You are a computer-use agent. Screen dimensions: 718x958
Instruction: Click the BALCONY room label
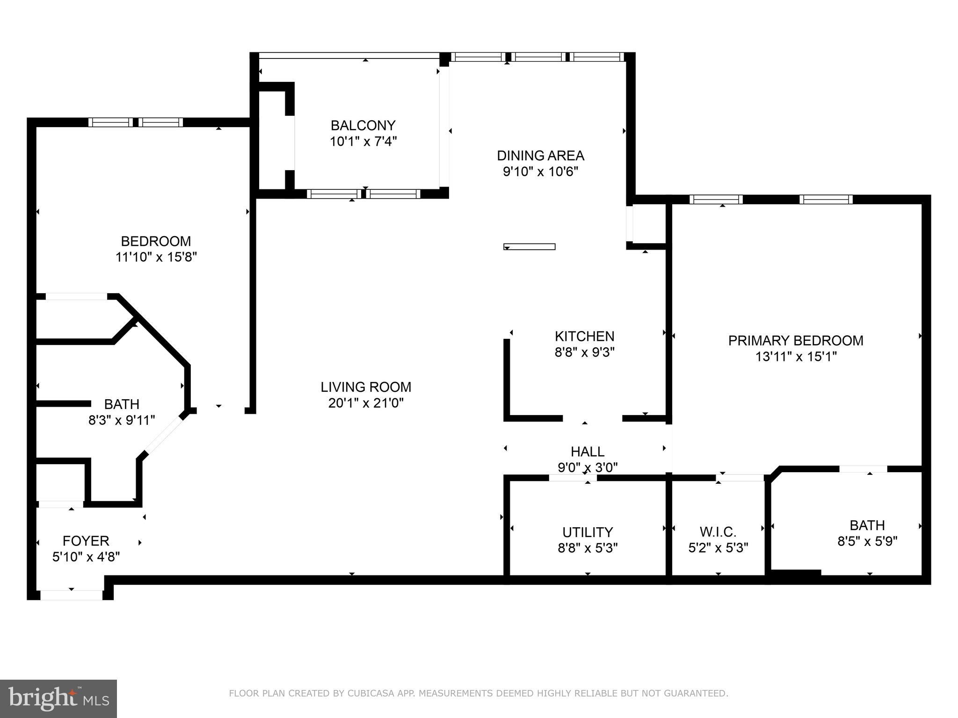[x=363, y=125]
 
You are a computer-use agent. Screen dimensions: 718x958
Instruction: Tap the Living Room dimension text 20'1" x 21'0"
[x=365, y=403]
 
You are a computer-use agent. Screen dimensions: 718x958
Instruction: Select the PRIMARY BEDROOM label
[x=796, y=341]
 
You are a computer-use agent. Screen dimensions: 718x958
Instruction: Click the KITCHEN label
[x=584, y=336]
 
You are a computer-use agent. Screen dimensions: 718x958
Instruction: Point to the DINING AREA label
[x=540, y=155]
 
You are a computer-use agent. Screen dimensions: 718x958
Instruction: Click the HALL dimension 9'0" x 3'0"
[x=588, y=467]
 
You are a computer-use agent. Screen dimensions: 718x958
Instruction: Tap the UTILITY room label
[x=588, y=532]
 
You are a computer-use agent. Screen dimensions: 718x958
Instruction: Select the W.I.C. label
[x=718, y=531]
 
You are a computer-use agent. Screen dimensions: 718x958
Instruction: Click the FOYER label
[x=86, y=541]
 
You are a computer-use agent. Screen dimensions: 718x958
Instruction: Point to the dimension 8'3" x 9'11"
[x=122, y=420]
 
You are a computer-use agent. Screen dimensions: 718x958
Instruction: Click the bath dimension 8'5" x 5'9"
[x=867, y=541]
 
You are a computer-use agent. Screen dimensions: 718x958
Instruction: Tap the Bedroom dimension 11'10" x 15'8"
[x=156, y=257]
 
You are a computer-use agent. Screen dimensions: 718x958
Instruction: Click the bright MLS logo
[x=58, y=698]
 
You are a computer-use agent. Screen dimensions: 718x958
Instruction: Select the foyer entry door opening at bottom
[x=72, y=595]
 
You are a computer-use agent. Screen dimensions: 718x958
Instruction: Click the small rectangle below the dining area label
[x=529, y=246]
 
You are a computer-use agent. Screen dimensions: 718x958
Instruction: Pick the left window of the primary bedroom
[x=716, y=200]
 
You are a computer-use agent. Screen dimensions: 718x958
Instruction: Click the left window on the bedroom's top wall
[x=111, y=122]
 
